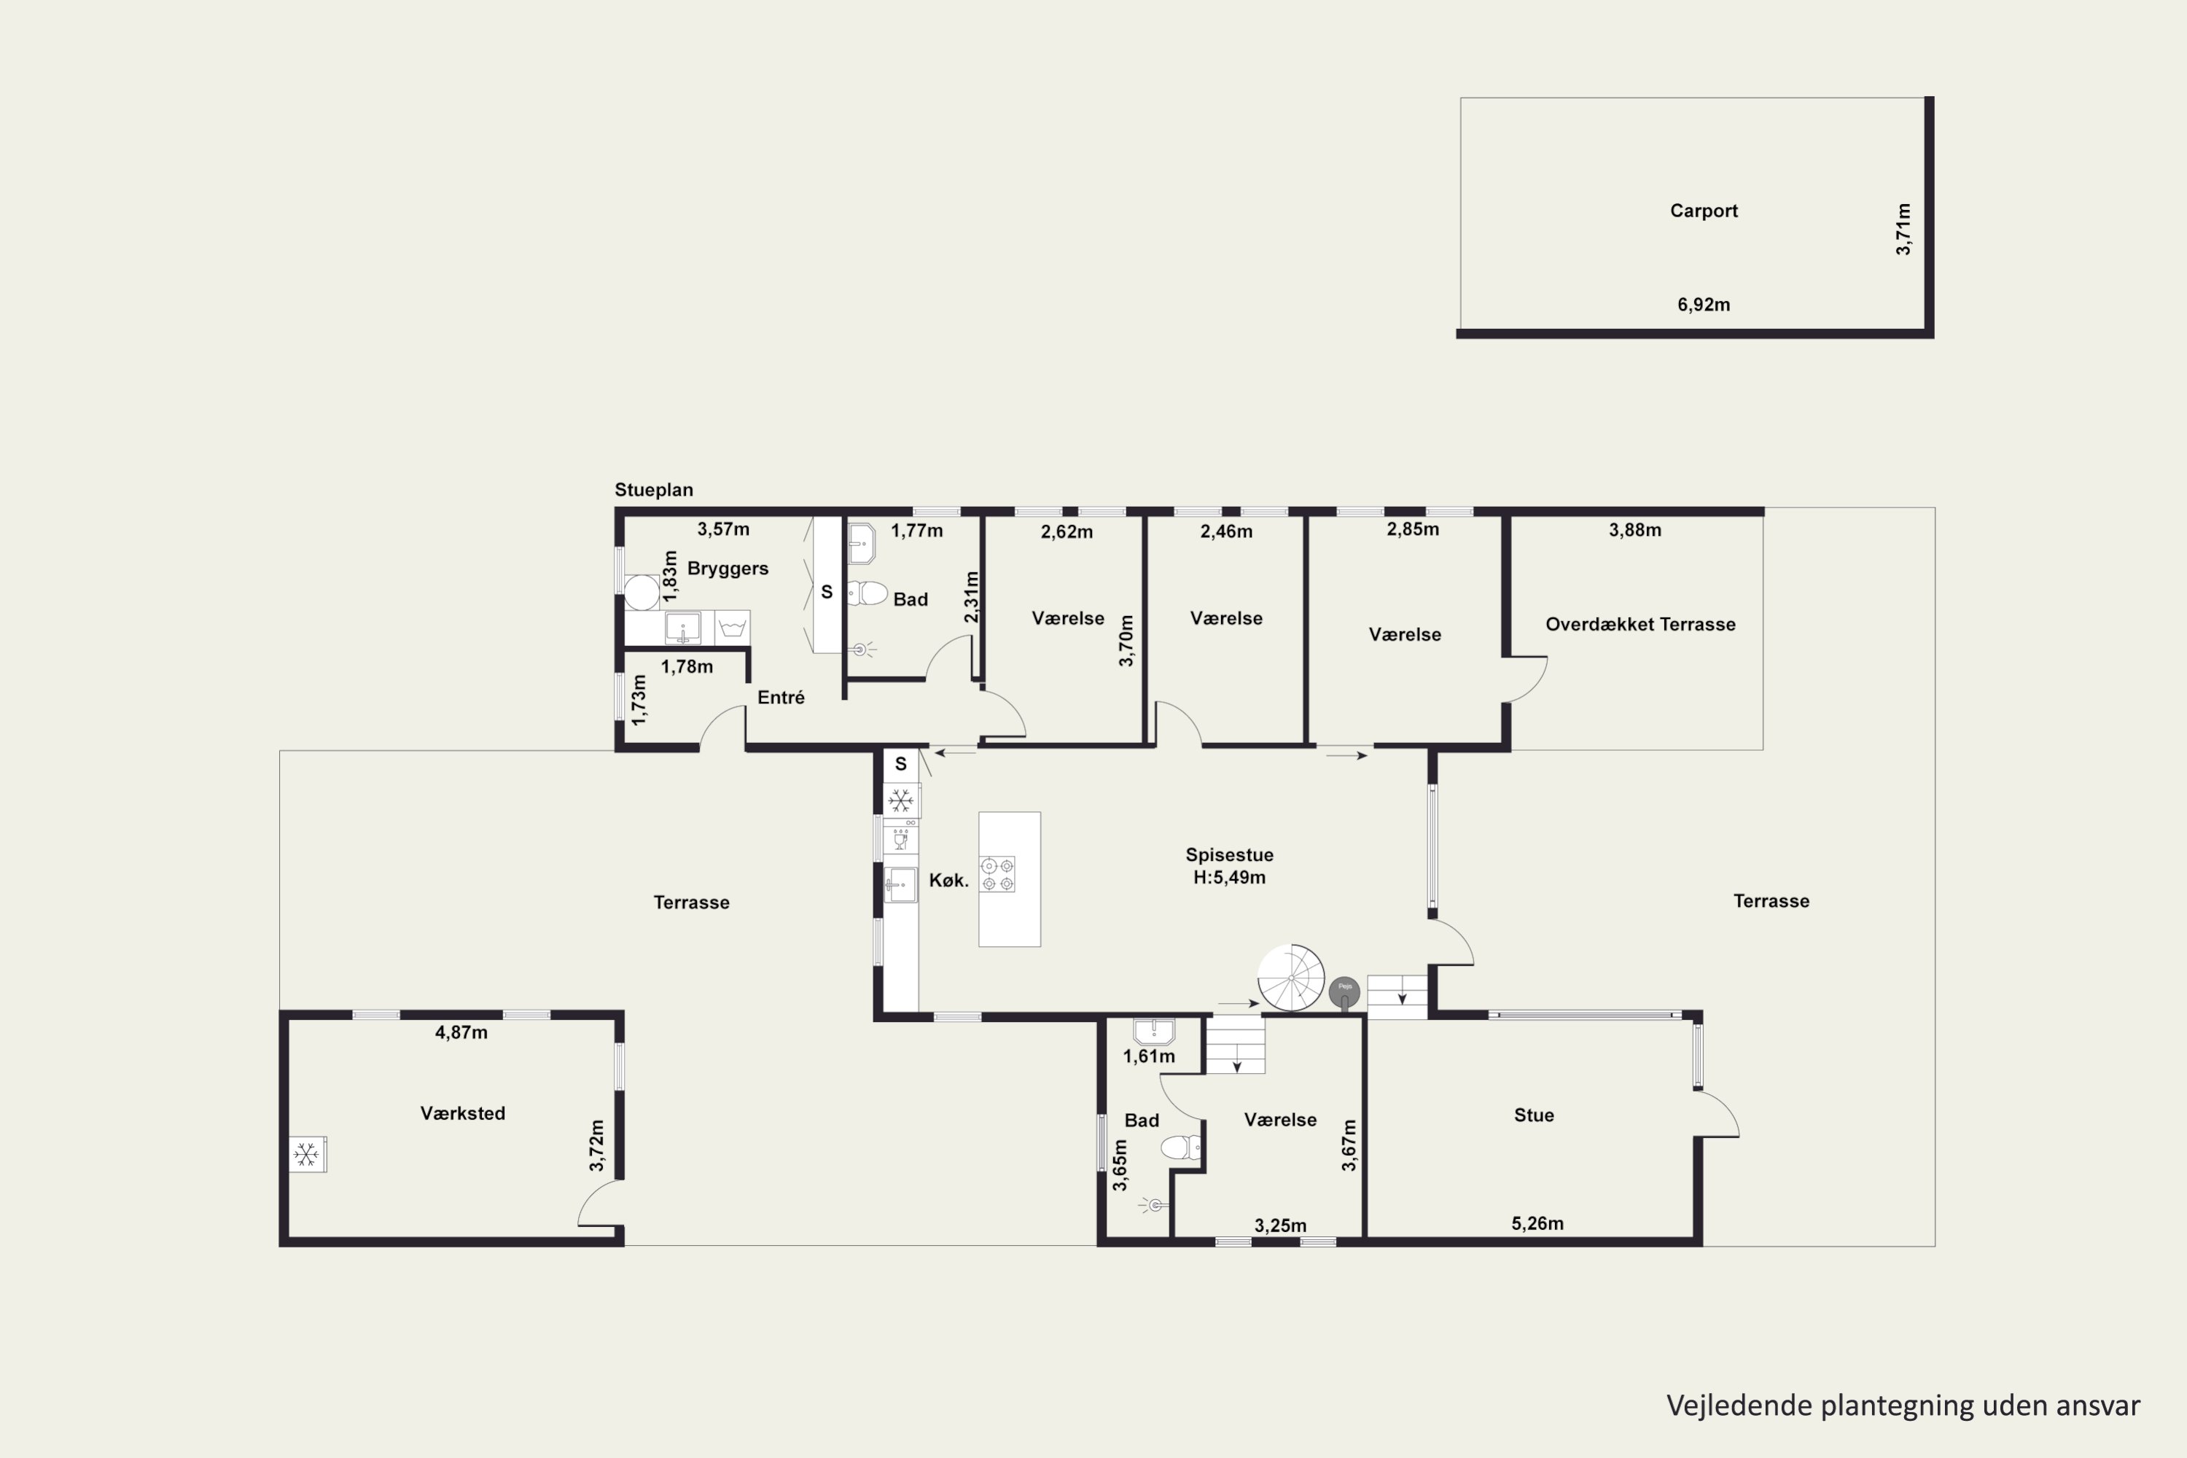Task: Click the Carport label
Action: tap(1704, 211)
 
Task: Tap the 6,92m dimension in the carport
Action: tap(1704, 305)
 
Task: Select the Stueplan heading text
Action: tap(654, 490)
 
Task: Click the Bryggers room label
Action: tap(728, 568)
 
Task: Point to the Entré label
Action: tap(781, 698)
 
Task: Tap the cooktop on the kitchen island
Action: tap(997, 874)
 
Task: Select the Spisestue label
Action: tap(1229, 855)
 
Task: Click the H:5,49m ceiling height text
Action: tap(1229, 878)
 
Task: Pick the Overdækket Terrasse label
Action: tap(1640, 625)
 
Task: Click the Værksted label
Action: tap(462, 1114)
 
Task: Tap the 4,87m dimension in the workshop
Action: tap(461, 1032)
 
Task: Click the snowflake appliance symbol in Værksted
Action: tap(306, 1155)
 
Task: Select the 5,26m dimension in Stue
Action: tap(1537, 1224)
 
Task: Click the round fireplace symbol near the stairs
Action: tap(1344, 993)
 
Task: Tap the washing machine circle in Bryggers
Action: tap(642, 592)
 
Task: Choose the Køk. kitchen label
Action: tap(948, 881)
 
